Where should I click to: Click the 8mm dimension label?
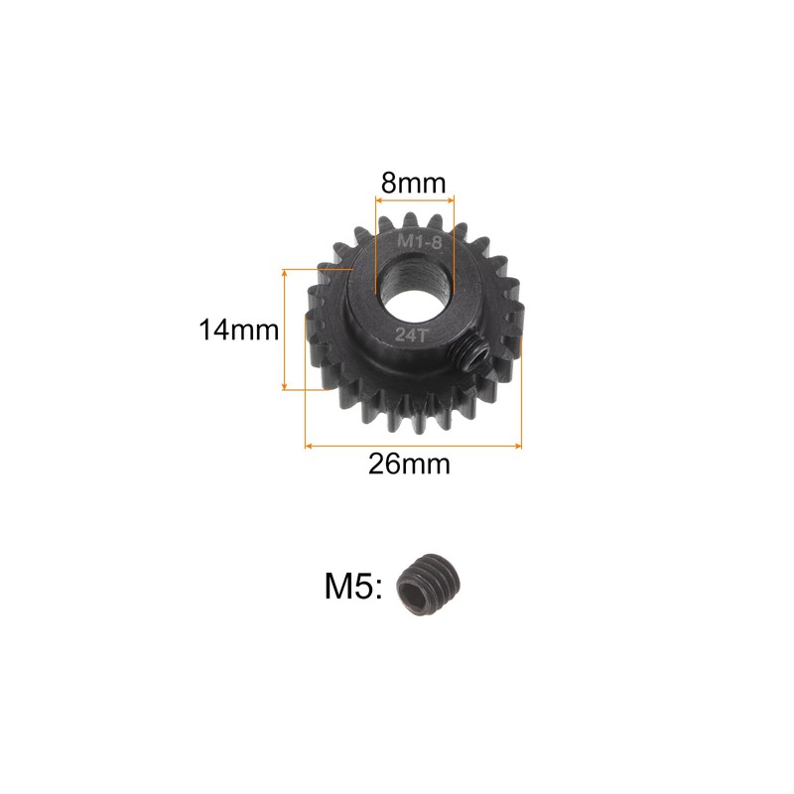(413, 183)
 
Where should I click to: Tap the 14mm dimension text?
(238, 331)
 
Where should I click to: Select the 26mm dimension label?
(409, 463)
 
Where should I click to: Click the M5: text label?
(353, 587)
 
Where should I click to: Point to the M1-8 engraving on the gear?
(419, 242)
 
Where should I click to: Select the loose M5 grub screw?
(429, 584)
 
